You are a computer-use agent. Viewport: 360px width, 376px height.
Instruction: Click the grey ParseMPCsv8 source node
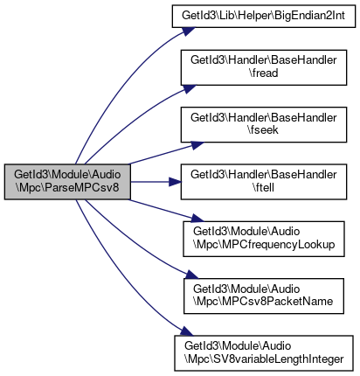[67, 182]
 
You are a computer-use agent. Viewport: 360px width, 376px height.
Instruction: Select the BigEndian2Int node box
[264, 16]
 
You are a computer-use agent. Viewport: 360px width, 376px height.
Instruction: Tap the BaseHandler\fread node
[264, 67]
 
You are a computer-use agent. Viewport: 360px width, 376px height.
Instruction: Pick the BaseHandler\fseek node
[264, 125]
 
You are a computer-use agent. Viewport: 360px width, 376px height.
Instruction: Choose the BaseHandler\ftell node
[264, 182]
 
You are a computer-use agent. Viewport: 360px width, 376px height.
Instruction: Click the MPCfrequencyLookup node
[264, 239]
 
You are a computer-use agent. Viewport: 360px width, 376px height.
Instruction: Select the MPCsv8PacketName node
[264, 296]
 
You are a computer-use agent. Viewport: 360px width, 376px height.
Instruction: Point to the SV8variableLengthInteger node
[264, 353]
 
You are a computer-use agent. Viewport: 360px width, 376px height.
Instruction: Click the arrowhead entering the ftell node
[175, 182]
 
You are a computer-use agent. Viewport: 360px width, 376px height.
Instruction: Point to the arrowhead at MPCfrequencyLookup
[196, 219]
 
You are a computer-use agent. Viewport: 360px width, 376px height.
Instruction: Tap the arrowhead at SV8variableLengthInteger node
[186, 331]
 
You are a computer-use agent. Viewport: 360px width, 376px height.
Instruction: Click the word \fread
[264, 73]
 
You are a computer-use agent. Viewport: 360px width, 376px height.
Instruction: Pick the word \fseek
[264, 130]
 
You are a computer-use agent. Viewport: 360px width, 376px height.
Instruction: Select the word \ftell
[264, 187]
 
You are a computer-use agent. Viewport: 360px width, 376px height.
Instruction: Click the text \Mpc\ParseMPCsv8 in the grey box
[67, 188]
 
